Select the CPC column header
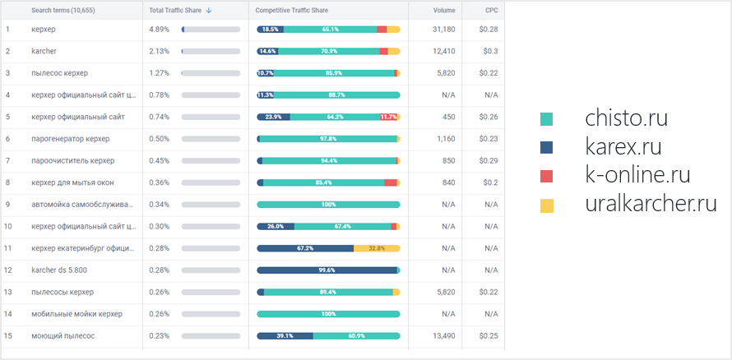pyautogui.click(x=491, y=11)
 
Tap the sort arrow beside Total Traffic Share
pyautogui.click(x=209, y=11)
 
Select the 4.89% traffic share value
pyautogui.click(x=160, y=30)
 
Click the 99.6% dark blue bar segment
pyautogui.click(x=327, y=270)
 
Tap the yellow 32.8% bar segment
pyautogui.click(x=377, y=248)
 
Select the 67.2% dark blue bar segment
pyautogui.click(x=305, y=248)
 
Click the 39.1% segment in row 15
pyautogui.click(x=285, y=336)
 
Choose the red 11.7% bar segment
pyautogui.click(x=388, y=117)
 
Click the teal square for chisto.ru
pyautogui.click(x=547, y=120)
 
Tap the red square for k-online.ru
pyautogui.click(x=547, y=176)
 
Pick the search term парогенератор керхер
pyautogui.click(x=70, y=139)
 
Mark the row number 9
pyautogui.click(x=7, y=205)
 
